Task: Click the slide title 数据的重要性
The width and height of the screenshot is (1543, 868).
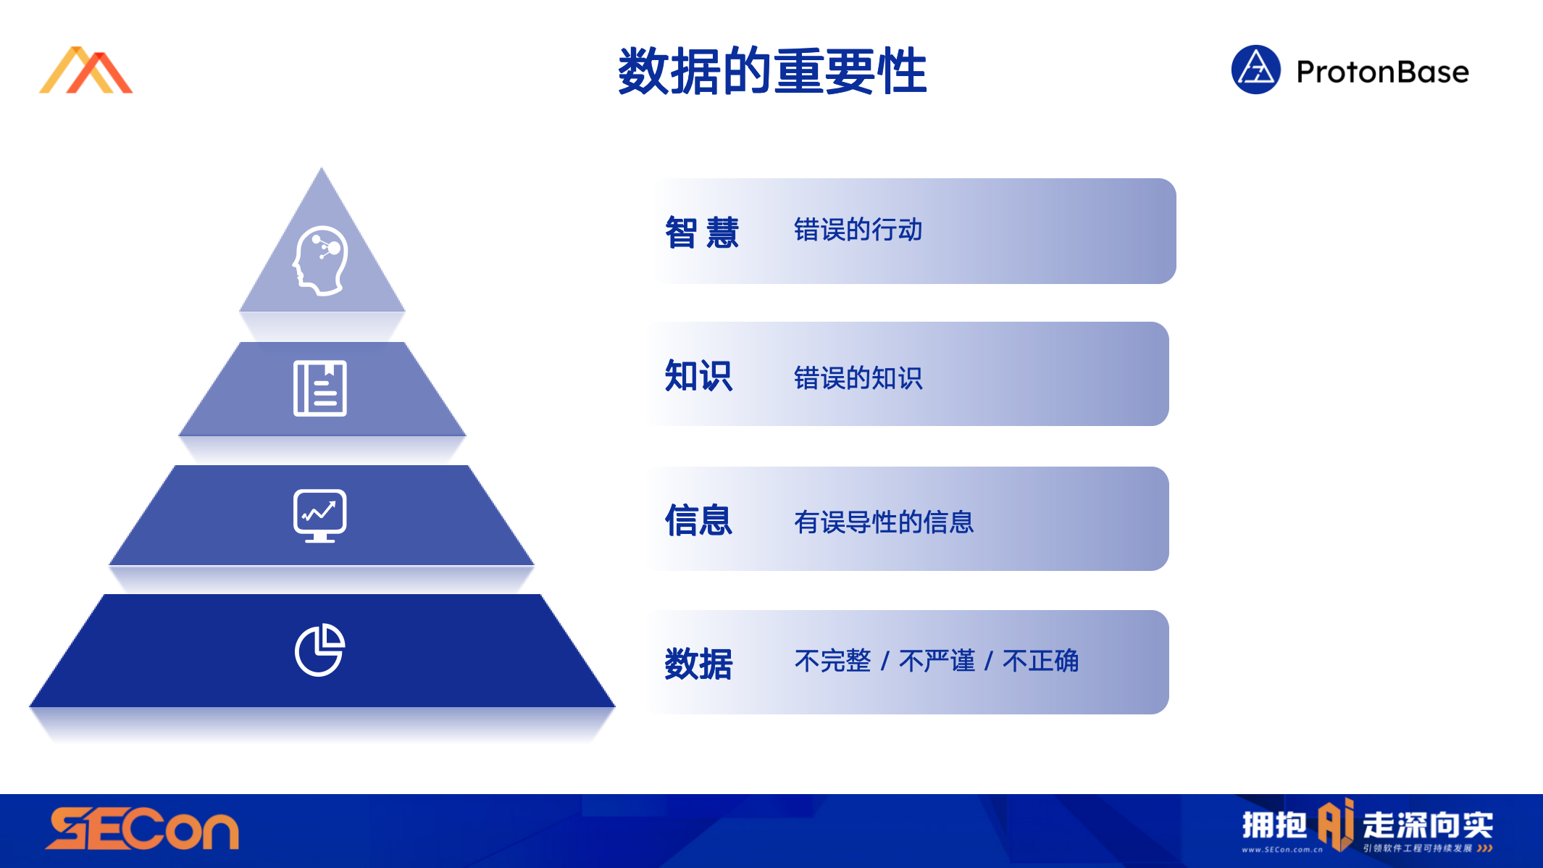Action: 772,71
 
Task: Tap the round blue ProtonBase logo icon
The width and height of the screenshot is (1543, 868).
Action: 1256,70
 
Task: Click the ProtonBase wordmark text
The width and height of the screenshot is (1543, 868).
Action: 1382,72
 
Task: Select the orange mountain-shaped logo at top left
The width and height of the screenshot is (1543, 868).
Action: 85,70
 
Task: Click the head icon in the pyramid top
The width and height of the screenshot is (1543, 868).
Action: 320,261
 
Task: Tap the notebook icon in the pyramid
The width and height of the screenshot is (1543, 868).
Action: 320,388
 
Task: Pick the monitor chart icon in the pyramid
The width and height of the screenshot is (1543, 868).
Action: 320,516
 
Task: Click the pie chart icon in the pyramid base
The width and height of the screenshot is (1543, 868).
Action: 319,650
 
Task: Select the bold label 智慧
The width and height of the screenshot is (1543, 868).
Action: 701,233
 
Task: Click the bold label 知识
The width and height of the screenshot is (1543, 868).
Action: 698,376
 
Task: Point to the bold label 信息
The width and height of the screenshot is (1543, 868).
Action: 698,520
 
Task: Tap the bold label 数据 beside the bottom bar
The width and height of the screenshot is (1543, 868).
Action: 698,664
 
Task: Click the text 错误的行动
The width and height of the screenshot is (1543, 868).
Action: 858,230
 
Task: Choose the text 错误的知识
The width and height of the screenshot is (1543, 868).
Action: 858,377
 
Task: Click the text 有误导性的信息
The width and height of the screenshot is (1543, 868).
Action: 884,522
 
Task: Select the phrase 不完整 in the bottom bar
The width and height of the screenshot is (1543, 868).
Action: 832,661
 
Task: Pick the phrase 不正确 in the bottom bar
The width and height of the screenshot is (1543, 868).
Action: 1040,661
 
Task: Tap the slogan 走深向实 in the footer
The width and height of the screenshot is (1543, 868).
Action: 1428,825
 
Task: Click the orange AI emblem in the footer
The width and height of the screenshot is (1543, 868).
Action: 1335,824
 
